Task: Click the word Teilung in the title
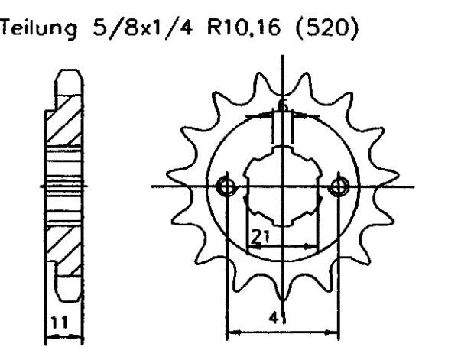pos(39,31)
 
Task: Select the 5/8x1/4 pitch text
pos(117,31)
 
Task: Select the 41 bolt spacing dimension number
pos(284,321)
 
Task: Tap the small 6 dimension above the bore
pos(282,106)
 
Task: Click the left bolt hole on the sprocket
pos(226,186)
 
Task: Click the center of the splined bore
pos(282,186)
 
